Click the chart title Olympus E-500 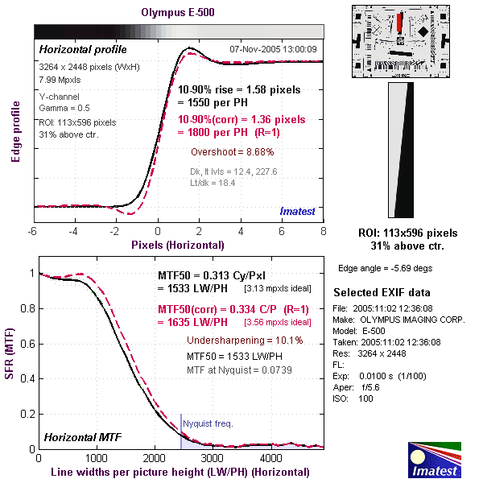click(178, 12)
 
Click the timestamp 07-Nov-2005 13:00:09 click(274, 49)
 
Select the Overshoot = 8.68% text click(233, 151)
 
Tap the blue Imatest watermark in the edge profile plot click(298, 211)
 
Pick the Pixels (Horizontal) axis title click(178, 244)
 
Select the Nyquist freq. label click(208, 423)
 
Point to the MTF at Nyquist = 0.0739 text click(233, 369)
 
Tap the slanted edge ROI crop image click(401, 151)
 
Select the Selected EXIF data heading click(382, 292)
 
